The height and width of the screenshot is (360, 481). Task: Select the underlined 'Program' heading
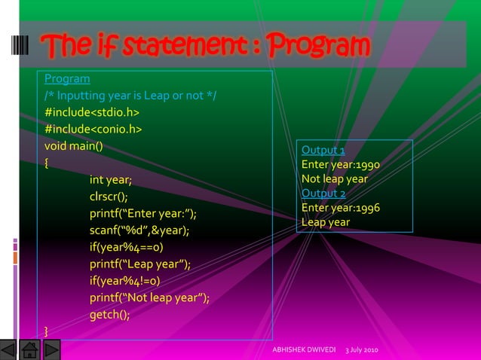point(67,79)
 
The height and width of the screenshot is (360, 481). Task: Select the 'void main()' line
point(74,146)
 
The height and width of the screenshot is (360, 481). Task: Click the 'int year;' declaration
point(111,180)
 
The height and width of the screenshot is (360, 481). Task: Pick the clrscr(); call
point(109,197)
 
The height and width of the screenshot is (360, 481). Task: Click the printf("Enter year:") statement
point(148,214)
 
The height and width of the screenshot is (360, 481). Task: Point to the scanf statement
point(139,230)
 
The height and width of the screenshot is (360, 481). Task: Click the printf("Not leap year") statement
point(149,298)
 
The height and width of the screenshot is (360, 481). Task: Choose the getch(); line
point(109,315)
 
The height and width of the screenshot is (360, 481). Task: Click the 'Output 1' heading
point(323,151)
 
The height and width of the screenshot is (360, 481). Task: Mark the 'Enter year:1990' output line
point(340,166)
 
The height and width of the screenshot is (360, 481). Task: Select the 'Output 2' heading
point(323,194)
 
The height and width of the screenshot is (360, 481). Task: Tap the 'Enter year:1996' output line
point(340,208)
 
